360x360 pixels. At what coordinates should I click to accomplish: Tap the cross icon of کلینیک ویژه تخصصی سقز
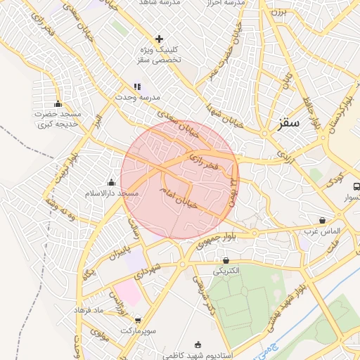pos(159,39)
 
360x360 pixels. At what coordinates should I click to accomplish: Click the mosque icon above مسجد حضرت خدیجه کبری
pos(58,104)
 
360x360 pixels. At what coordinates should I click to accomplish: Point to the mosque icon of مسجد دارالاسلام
pos(111,183)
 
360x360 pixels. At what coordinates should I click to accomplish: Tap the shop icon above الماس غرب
pos(322,220)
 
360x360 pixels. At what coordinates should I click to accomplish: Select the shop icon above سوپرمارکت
pos(137,320)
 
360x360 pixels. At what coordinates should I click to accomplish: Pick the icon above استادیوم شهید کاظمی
pos(198,344)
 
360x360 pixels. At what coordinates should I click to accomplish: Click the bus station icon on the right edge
pos(356,187)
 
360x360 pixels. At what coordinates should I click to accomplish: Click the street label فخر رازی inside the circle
pos(205,164)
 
